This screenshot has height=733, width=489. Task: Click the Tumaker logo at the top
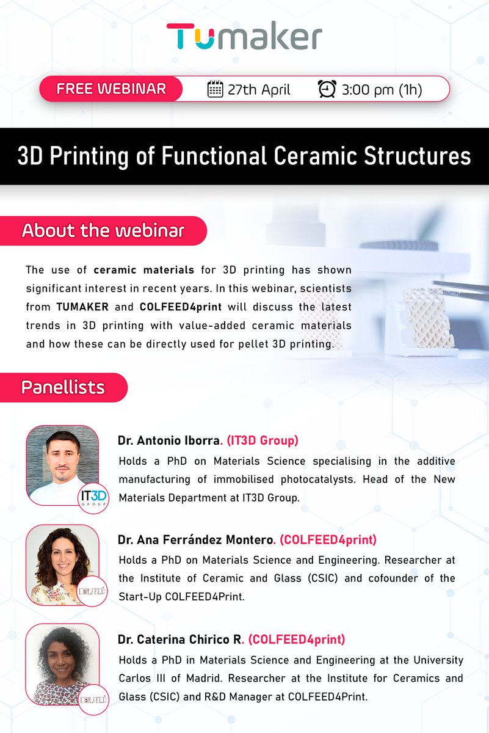(244, 37)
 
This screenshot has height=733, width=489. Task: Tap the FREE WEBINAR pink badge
(111, 89)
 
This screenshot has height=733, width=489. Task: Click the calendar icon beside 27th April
(215, 89)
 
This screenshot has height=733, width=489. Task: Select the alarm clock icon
(327, 89)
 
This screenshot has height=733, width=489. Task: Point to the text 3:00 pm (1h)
(382, 90)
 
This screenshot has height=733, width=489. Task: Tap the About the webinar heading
(103, 231)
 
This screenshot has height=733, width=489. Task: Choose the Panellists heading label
(63, 387)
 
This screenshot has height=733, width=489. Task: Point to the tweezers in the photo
(461, 286)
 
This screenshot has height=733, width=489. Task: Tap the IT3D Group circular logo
(93, 497)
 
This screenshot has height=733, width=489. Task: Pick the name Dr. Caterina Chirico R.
(181, 640)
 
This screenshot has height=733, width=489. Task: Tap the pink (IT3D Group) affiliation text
(263, 440)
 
